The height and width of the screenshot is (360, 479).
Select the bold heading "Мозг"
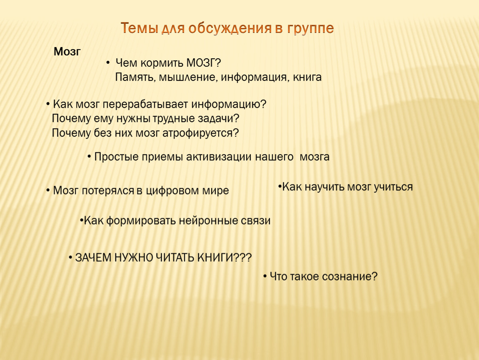pyautogui.click(x=67, y=52)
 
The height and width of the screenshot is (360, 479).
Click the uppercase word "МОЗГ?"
pyautogui.click(x=203, y=63)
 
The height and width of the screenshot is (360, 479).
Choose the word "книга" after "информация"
pyautogui.click(x=307, y=77)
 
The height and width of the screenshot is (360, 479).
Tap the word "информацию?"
pyautogui.click(x=229, y=105)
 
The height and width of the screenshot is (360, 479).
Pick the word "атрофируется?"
pyautogui.click(x=200, y=133)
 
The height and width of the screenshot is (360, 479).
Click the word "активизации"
pyautogui.click(x=219, y=157)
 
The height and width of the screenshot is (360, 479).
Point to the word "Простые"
pyautogui.click(x=116, y=157)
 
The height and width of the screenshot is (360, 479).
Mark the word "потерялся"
pyautogui.click(x=108, y=191)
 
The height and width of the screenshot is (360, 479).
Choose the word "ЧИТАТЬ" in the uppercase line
pyautogui.click(x=175, y=258)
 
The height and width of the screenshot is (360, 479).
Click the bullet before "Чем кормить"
pyautogui.click(x=108, y=63)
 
